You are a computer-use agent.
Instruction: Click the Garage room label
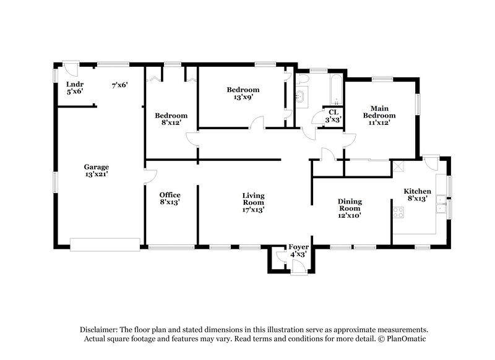pos(97,171)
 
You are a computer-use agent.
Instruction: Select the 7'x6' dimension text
pos(119,85)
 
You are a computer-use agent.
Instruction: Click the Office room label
pos(170,198)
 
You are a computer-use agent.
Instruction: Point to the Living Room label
pos(253,202)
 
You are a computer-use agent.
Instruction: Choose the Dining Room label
pos(350,208)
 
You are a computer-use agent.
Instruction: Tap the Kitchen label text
pos(418,194)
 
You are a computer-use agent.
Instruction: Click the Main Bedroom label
pos(379,114)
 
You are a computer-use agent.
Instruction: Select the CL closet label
pos(333,116)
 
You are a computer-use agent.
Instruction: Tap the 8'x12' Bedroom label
pos(171,119)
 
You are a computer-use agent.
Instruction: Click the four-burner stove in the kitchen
pos(399,213)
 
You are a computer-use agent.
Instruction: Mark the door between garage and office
pos(148,176)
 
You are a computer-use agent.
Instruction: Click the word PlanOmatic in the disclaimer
pos(405,339)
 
